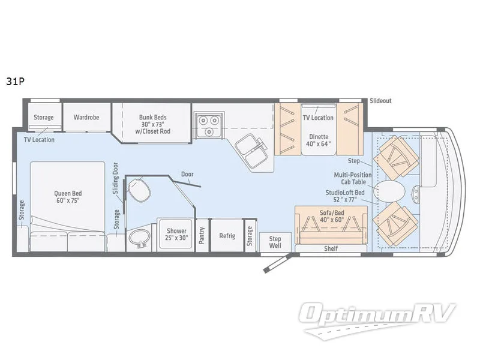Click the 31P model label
click(16, 82)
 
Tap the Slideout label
click(380, 101)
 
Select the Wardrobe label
click(86, 117)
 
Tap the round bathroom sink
click(142, 236)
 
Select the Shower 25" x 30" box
click(176, 234)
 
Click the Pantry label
click(202, 235)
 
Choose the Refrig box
click(226, 235)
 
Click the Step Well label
click(275, 242)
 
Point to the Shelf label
click(331, 248)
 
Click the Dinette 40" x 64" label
click(319, 140)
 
